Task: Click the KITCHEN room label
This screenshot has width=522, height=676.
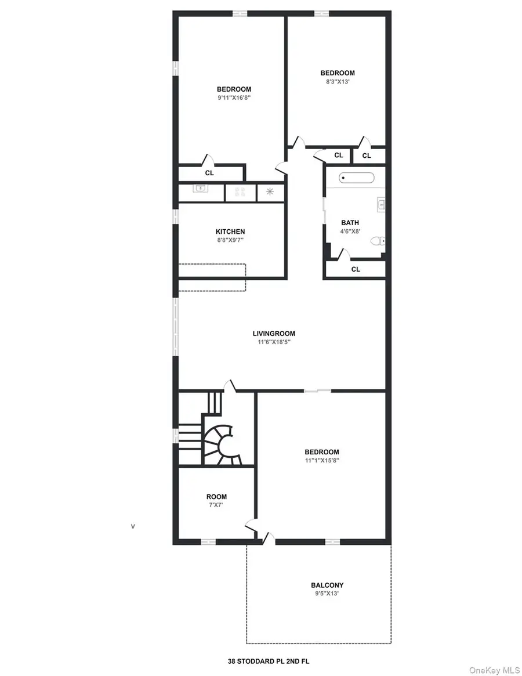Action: pos(230,232)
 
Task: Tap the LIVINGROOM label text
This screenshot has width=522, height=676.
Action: pos(274,334)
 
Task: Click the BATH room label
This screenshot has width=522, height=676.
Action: pos(350,223)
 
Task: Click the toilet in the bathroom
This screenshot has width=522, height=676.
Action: pos(378,240)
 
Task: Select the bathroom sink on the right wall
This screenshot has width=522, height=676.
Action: pos(382,204)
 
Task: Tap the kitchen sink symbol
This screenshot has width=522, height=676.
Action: pos(201,188)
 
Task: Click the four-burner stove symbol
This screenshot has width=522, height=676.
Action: pos(240,191)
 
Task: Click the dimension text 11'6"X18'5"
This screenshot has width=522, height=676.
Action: pos(274,342)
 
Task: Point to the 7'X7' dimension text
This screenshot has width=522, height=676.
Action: pos(216,505)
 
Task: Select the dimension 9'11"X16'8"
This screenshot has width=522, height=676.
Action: pos(234,98)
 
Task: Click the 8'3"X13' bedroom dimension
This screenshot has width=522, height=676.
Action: pos(337,82)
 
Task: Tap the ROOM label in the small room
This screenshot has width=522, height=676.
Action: pos(216,497)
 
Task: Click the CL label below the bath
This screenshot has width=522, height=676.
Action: pos(356,269)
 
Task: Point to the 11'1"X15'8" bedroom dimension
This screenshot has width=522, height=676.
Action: pos(322,461)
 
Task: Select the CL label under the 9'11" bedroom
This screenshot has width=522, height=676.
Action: pos(209,173)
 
